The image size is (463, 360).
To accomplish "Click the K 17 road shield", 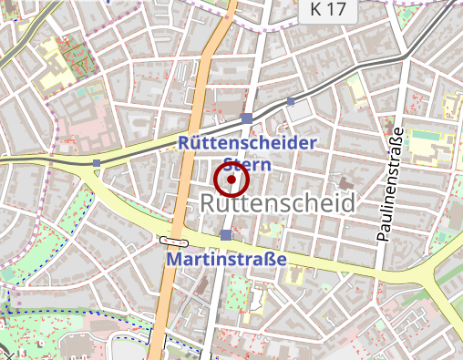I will point(328,10).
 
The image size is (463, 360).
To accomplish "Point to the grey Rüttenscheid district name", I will point(275,203).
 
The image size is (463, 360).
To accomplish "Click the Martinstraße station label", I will point(226,260).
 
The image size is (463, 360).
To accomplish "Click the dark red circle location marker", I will point(231,180).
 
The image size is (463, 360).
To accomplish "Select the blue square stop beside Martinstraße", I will point(225,236).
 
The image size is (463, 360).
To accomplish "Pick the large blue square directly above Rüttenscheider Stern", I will point(248,118).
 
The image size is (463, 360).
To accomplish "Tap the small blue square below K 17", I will point(291,101).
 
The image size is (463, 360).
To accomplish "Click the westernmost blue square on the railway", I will point(97,163).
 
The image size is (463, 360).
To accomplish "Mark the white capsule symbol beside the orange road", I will point(173,242).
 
